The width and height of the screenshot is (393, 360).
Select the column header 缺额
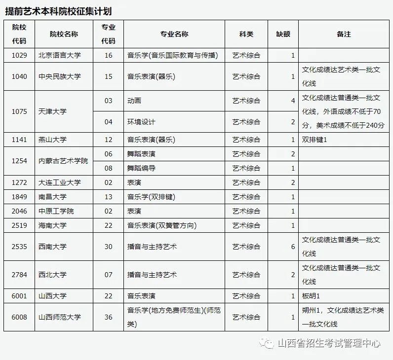tap(283, 34)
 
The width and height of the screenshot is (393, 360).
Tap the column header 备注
tap(344, 34)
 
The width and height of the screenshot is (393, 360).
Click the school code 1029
tap(19, 55)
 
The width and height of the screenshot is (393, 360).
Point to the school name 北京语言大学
tap(59, 55)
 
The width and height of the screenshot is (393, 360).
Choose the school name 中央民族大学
tap(59, 76)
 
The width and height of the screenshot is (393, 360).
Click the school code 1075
tap(19, 111)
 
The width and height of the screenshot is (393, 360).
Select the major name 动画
tap(134, 101)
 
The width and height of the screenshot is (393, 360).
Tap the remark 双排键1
tap(314, 140)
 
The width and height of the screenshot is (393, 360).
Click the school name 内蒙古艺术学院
tap(63, 161)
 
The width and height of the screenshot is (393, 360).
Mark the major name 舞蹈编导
tap(141, 168)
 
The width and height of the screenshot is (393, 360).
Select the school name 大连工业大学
tap(59, 182)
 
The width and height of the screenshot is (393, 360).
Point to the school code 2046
tap(19, 211)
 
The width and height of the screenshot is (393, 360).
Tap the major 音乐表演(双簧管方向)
tap(162, 225)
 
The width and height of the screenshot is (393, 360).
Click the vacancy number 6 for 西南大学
tap(293, 247)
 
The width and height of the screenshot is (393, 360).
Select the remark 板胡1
tap(311, 296)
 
